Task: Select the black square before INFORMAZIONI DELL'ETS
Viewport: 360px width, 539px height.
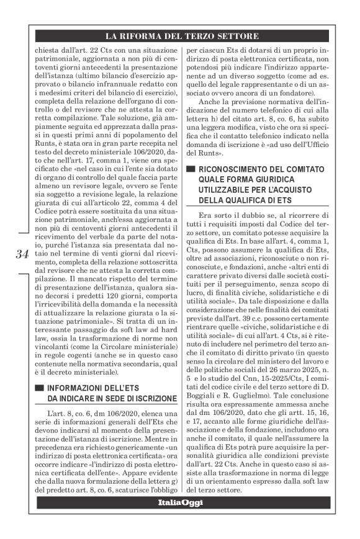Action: [40, 388]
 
